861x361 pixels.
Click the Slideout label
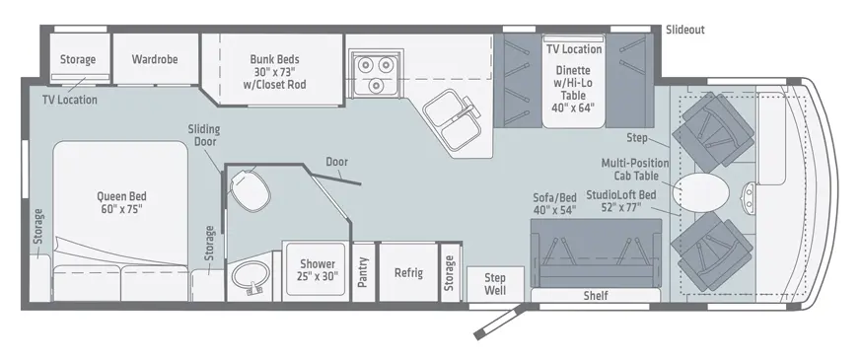pos(684,30)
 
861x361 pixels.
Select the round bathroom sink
pos(251,276)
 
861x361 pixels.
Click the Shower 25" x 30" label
pos(318,270)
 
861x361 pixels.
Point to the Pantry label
pos(362,271)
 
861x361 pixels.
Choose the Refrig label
pos(408,272)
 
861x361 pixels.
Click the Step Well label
pos(495,283)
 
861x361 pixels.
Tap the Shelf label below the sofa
pos(596,296)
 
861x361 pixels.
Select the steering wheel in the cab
pos(749,196)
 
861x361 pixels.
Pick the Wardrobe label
pos(155,59)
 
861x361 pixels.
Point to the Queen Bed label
pos(121,202)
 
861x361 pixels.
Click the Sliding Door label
pos(204,135)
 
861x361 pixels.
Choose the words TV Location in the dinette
pos(574,49)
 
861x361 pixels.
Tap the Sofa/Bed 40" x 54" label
pos(554,203)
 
